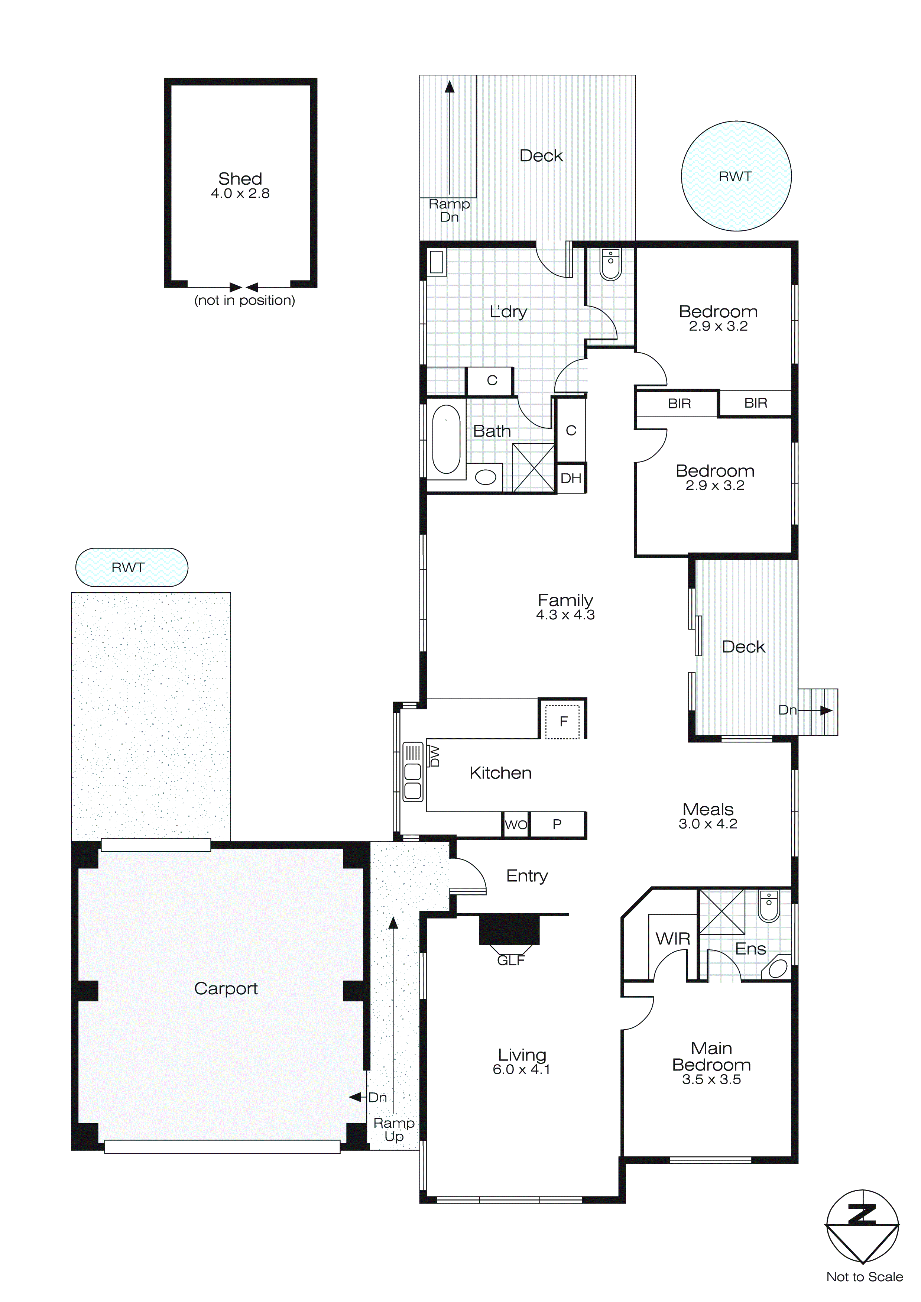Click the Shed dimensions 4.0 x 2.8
pyautogui.click(x=240, y=194)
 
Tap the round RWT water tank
pyautogui.click(x=736, y=176)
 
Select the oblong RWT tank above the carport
pyautogui.click(x=131, y=567)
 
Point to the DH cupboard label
pyautogui.click(x=571, y=479)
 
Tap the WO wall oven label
pyautogui.click(x=516, y=825)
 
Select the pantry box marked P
pyautogui.click(x=557, y=825)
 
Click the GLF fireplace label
pyautogui.click(x=510, y=961)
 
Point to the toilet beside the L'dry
pyautogui.click(x=610, y=265)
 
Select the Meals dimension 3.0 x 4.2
pyautogui.click(x=708, y=824)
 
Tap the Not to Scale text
pyautogui.click(x=864, y=1277)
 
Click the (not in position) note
pyautogui.click(x=244, y=301)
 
